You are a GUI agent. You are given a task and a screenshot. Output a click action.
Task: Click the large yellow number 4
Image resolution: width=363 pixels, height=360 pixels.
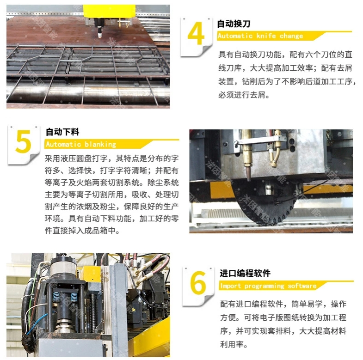tap(196, 34)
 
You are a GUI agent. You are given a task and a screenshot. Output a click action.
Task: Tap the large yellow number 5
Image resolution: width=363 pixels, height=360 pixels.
tap(23, 141)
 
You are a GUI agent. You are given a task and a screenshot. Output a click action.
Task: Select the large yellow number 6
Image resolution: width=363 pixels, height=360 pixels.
tap(198, 283)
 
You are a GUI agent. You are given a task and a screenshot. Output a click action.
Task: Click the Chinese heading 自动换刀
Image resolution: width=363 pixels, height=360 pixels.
tap(234, 24)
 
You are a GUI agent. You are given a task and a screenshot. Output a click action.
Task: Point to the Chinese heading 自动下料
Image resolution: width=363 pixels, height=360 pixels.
tap(62, 132)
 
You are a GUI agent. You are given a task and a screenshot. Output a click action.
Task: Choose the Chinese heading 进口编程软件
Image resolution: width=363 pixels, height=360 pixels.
tap(245, 273)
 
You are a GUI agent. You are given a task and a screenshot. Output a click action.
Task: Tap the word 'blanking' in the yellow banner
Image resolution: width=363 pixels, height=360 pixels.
tap(100, 145)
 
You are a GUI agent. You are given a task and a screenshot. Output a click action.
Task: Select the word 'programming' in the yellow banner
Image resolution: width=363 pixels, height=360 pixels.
tap(264, 287)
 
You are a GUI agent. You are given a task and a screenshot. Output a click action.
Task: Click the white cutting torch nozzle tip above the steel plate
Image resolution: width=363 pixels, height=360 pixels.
tap(100, 35)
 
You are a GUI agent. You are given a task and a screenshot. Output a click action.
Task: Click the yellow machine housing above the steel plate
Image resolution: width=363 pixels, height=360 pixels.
tap(109, 11)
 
